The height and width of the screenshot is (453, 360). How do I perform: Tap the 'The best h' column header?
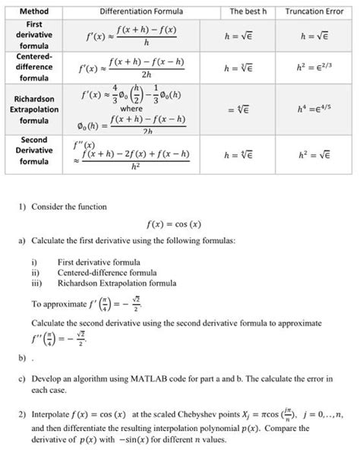click(x=242, y=11)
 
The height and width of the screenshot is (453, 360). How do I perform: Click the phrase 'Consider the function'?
click(x=69, y=207)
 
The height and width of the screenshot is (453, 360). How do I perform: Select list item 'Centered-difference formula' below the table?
click(x=103, y=271)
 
